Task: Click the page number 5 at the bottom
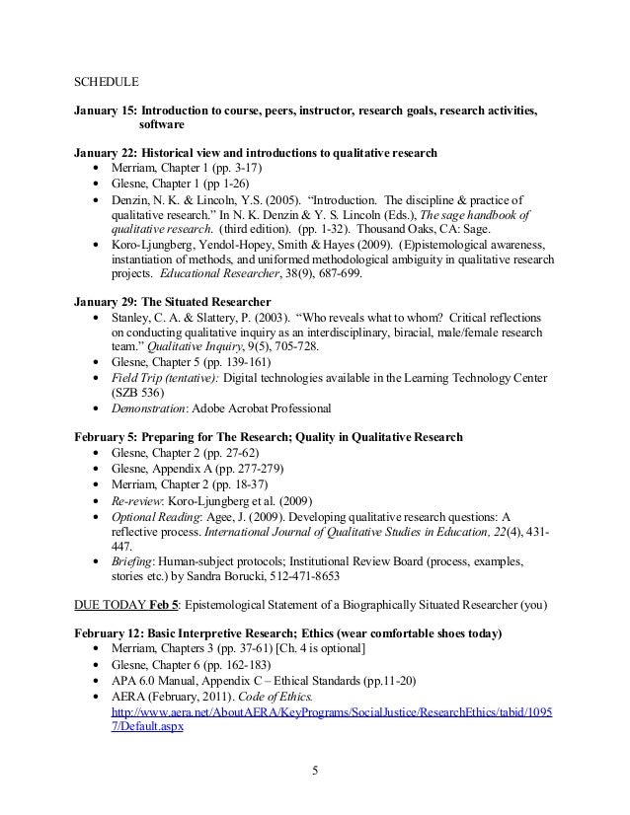pyautogui.click(x=315, y=771)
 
